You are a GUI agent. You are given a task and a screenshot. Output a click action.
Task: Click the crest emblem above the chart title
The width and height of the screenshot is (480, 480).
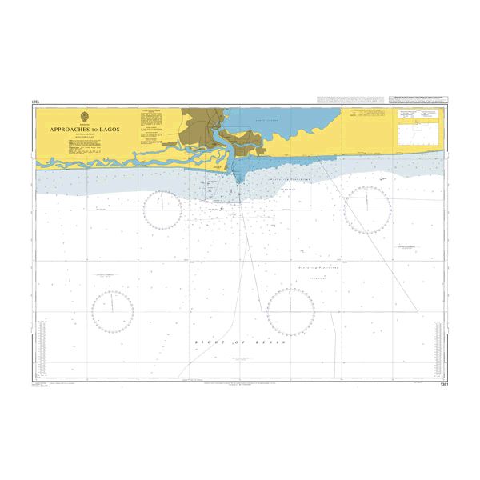(86, 116)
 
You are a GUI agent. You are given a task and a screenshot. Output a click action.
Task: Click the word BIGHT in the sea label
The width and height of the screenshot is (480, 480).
(208, 342)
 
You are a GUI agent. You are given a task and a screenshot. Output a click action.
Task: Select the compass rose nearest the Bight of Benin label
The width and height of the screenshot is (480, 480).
(290, 311)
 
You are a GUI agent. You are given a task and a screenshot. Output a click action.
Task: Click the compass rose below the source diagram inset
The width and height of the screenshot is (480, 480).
(366, 210)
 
